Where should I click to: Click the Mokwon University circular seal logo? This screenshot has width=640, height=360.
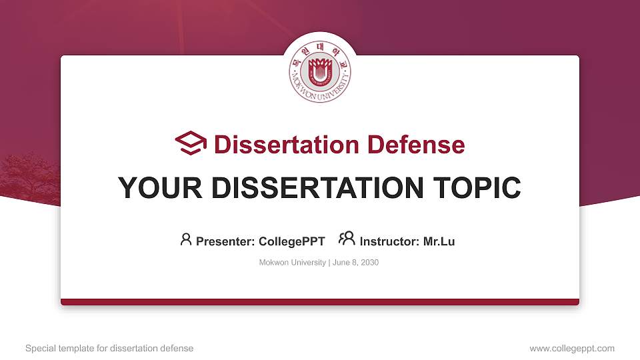320,72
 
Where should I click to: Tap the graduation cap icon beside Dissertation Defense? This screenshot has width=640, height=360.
191,144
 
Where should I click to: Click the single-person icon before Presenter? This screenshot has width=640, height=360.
186,239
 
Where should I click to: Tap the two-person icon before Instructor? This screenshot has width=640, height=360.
347,239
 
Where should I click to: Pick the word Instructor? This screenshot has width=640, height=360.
389,241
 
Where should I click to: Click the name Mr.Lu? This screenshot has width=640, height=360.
439,241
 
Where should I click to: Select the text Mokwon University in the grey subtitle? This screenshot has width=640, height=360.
291,263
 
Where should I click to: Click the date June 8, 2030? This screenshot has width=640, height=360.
355,263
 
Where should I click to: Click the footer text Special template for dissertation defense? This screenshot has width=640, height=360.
109,348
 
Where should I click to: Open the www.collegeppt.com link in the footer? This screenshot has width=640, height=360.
572,348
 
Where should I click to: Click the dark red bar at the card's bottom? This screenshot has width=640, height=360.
320,302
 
